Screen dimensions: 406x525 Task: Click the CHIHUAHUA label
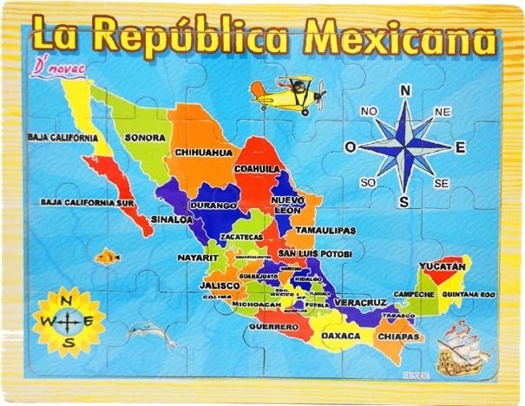click(x=204, y=152)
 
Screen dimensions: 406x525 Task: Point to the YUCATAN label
click(x=443, y=265)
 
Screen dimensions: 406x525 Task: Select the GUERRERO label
click(x=267, y=327)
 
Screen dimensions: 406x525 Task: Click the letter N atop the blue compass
click(x=404, y=90)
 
